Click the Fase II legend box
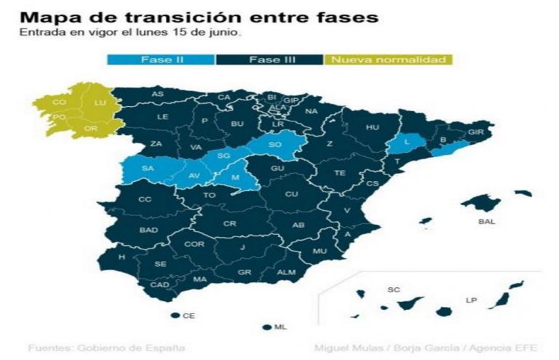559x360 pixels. click(x=161, y=60)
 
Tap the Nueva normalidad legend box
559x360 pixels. click(x=389, y=60)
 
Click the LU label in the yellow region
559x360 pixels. click(x=100, y=103)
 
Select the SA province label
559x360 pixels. click(x=148, y=169)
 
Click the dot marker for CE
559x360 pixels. click(x=175, y=316)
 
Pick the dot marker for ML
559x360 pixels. click(x=268, y=327)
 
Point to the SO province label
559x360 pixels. click(x=275, y=145)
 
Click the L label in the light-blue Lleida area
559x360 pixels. click(x=408, y=142)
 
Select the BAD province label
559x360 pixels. click(x=148, y=231)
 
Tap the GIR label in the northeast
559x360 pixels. click(x=476, y=132)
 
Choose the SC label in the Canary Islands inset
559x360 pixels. click(x=394, y=290)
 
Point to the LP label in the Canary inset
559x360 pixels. click(x=472, y=300)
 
